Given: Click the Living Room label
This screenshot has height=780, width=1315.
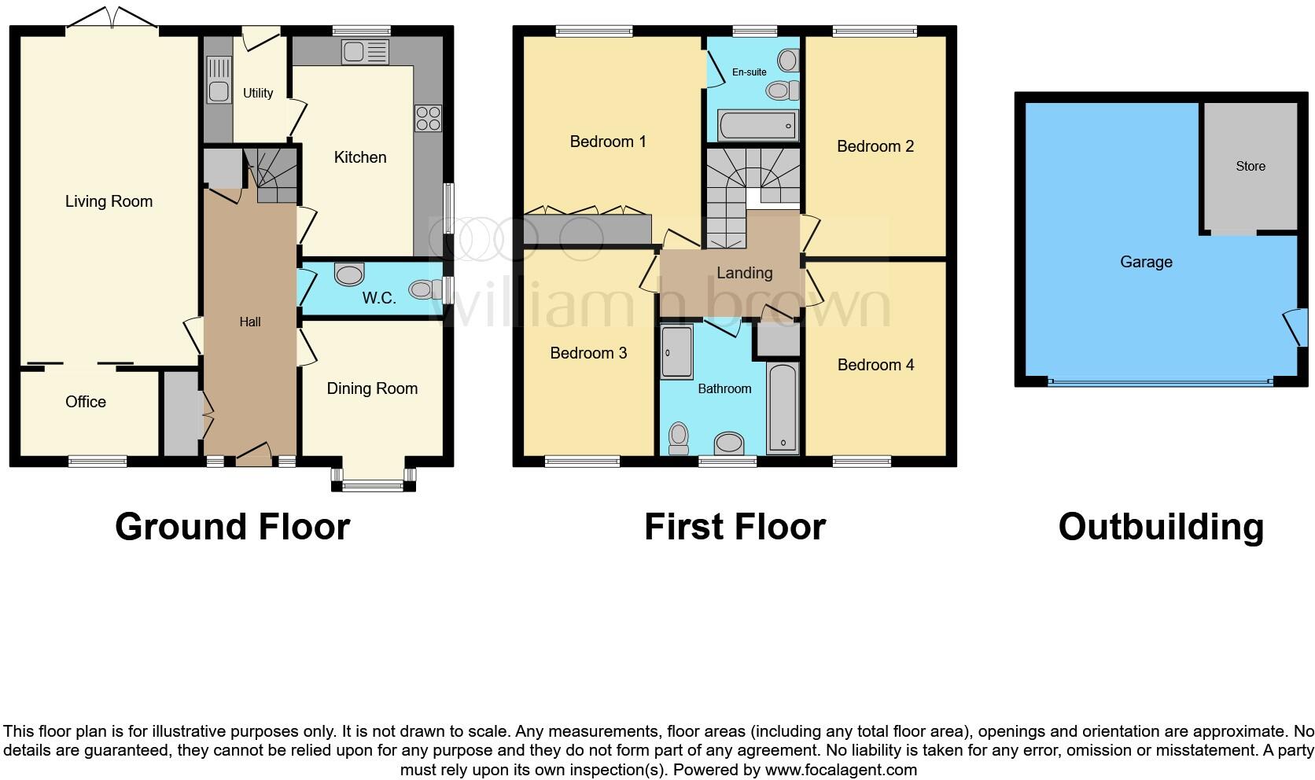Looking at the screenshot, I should tap(109, 201).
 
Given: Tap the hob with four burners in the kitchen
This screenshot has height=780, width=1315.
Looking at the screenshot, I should tap(428, 118).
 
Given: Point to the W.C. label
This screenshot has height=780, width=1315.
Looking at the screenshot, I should tap(378, 298).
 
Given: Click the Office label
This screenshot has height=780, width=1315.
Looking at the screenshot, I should tap(86, 402).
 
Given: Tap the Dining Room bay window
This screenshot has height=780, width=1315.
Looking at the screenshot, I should tap(373, 481).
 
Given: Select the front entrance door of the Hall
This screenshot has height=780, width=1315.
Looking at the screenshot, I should tap(253, 454).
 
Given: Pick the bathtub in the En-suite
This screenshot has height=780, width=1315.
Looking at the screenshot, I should tap(757, 126).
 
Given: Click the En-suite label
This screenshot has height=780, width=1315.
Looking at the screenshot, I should tap(749, 72).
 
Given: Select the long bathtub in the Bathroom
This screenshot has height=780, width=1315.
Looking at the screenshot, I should tap(782, 409).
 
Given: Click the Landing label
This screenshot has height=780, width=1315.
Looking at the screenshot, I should tap(744, 273).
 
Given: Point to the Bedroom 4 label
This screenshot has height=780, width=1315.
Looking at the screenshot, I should tap(875, 365).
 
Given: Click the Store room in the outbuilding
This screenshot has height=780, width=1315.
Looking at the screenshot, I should tap(1250, 166).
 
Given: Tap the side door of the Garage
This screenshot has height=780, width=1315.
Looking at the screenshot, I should tap(1293, 327).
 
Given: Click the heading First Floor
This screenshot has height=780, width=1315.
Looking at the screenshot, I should tap(735, 527).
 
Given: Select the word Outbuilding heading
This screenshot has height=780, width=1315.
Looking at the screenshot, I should tap(1161, 527).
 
